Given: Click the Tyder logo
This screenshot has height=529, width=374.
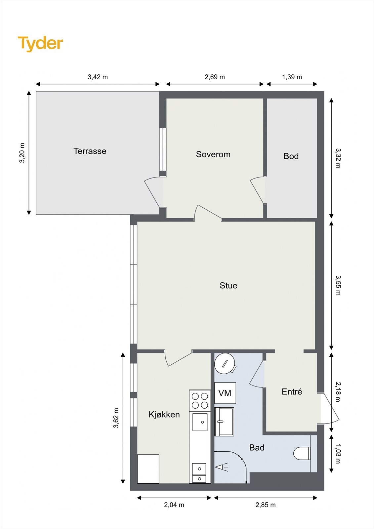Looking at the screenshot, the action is (x=40, y=44).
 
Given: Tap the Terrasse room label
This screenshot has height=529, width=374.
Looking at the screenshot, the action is (x=90, y=151).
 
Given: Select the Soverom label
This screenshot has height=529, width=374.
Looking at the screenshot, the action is (x=213, y=154).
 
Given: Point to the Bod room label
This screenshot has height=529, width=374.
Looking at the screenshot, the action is (x=291, y=156).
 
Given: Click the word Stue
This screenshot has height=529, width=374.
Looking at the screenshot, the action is (x=229, y=286).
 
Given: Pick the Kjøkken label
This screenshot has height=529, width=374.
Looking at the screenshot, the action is (x=164, y=415).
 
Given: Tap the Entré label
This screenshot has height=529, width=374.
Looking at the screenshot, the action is (x=292, y=391).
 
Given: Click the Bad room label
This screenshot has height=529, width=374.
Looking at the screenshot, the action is (x=257, y=448).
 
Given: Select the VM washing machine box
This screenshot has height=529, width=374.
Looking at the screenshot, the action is (x=225, y=393).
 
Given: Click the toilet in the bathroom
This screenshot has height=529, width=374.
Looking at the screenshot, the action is (x=302, y=453).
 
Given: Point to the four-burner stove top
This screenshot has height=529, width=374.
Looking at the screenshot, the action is (x=200, y=400).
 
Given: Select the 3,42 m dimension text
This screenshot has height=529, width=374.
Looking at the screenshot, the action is (x=98, y=77).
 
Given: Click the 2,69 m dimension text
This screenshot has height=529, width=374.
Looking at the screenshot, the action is (x=215, y=77).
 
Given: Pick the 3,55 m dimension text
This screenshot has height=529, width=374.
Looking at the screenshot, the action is (x=338, y=285).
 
